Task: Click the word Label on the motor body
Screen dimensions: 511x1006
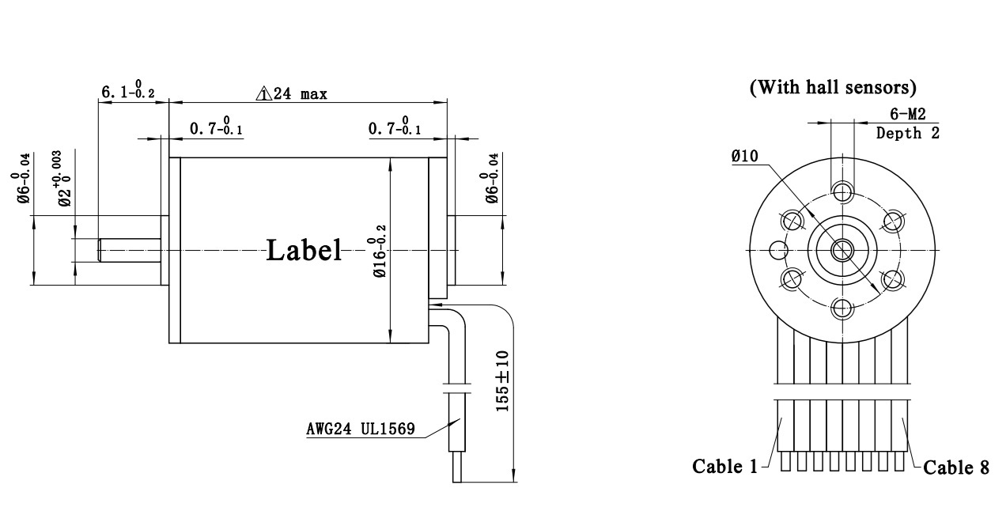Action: click(x=304, y=250)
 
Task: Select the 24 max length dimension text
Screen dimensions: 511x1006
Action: click(x=299, y=94)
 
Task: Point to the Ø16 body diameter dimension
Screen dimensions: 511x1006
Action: click(x=380, y=250)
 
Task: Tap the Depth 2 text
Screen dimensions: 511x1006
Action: click(x=908, y=133)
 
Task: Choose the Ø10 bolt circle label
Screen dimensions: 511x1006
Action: click(x=745, y=156)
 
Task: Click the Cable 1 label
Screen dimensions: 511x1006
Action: click(x=724, y=466)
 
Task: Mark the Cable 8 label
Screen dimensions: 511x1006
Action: click(x=956, y=467)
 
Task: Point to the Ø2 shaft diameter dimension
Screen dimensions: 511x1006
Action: click(x=65, y=180)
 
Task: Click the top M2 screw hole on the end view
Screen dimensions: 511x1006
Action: click(x=841, y=190)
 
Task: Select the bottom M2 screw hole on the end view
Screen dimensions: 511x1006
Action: click(x=841, y=308)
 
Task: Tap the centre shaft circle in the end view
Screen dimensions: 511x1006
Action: click(x=841, y=250)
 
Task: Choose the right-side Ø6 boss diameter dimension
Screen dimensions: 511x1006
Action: click(x=491, y=179)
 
